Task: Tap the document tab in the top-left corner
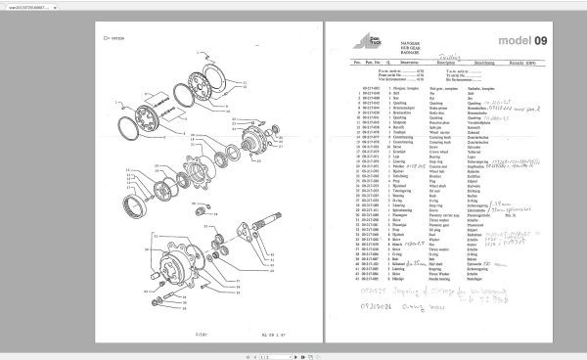point(34,6)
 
